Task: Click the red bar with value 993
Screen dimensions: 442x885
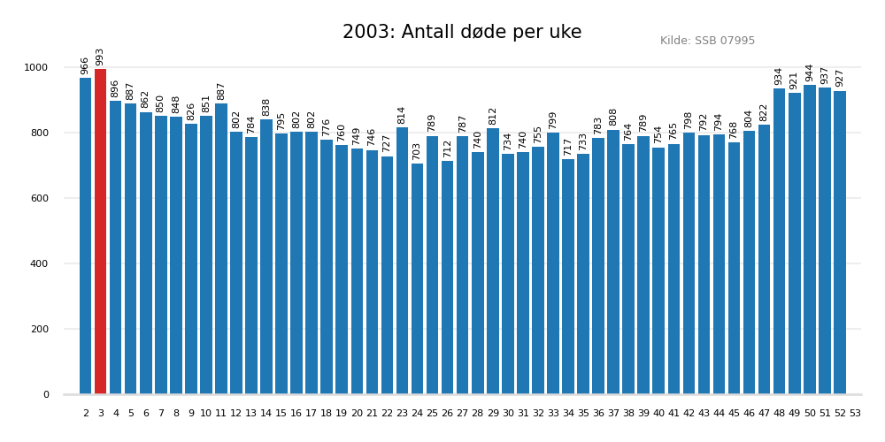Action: (x=100, y=232)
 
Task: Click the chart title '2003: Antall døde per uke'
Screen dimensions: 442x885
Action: (x=462, y=33)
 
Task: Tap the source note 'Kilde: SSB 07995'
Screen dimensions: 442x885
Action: (x=707, y=41)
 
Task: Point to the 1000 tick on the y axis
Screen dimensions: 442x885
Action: (x=36, y=67)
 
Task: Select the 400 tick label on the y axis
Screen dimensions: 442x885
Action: (x=40, y=263)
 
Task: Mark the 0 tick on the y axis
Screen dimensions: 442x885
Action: (x=46, y=394)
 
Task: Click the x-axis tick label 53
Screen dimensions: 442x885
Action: (x=855, y=413)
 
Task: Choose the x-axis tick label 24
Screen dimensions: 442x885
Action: (x=418, y=413)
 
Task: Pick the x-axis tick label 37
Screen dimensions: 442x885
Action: (x=613, y=413)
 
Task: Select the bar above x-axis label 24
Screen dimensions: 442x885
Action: (x=418, y=278)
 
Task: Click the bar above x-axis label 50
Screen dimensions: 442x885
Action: (x=810, y=240)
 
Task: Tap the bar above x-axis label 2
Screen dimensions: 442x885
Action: (x=86, y=236)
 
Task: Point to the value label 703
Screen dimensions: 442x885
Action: (x=417, y=151)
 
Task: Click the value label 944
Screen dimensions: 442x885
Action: (x=809, y=72)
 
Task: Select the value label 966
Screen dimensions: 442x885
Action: (x=85, y=65)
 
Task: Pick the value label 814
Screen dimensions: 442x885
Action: (x=402, y=115)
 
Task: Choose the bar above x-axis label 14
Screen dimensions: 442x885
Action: (x=266, y=257)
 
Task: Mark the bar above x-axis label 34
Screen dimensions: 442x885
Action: (x=568, y=277)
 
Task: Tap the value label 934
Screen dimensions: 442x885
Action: (x=779, y=76)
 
